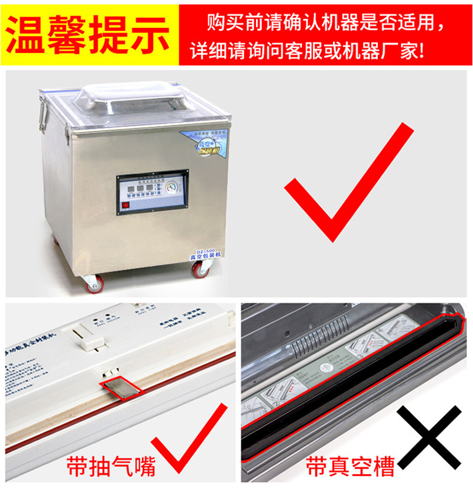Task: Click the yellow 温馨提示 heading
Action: click(x=89, y=34)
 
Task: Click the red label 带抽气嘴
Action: click(x=111, y=466)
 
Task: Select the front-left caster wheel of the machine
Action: click(x=93, y=283)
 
